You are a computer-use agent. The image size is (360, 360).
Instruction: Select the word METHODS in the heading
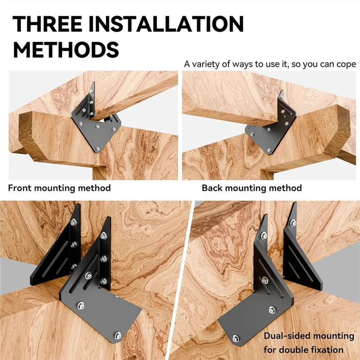(66, 49)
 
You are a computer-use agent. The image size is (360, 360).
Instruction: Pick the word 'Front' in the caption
(20, 188)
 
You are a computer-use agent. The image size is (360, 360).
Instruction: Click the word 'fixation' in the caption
(328, 349)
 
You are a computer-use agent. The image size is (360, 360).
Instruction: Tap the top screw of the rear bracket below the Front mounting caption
(73, 222)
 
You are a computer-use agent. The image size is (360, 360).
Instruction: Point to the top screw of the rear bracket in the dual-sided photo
(293, 222)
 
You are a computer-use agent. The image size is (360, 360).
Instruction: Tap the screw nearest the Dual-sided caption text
(272, 309)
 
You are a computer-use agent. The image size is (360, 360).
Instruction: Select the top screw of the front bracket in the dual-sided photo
(264, 234)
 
